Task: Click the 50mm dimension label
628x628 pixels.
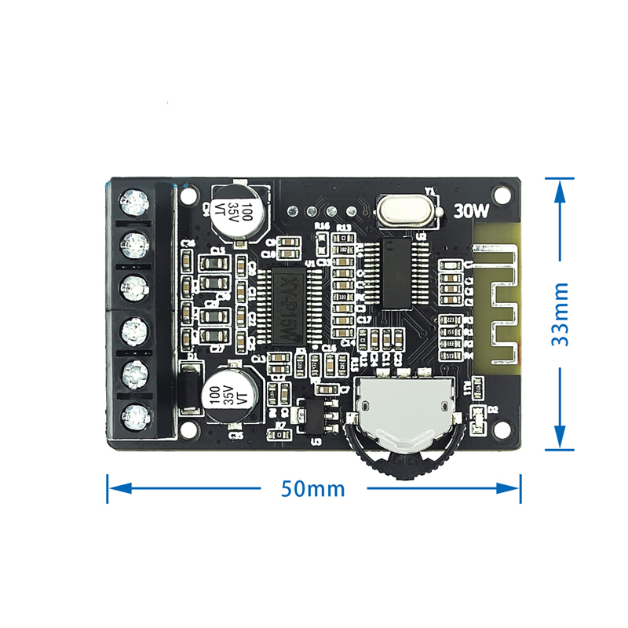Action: tap(313, 488)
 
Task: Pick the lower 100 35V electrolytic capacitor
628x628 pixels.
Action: tap(230, 392)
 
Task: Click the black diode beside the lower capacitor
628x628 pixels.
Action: tap(188, 385)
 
